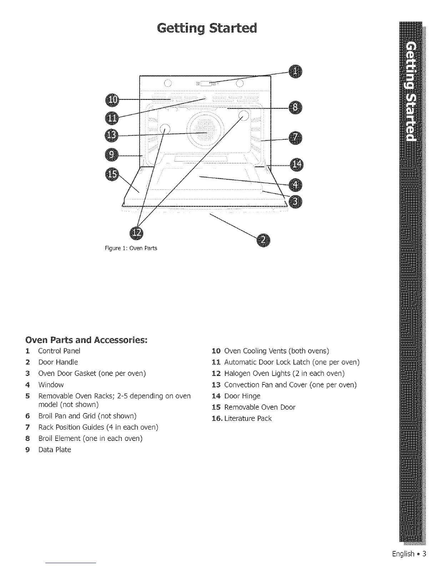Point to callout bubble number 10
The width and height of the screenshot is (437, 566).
coord(112,99)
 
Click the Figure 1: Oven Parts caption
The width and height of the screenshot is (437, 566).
coord(131,248)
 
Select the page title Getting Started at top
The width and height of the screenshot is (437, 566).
coord(207,28)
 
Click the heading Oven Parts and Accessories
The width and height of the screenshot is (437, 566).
coord(86,339)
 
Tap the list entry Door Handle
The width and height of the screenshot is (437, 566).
coord(58,362)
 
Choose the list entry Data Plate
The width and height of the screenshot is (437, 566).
coord(55,450)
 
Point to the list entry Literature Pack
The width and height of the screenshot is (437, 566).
coord(248,418)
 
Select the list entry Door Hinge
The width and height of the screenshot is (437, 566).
coord(242,396)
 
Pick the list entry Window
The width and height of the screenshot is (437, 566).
coord(51,385)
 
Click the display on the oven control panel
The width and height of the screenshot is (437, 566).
coord(206,84)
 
